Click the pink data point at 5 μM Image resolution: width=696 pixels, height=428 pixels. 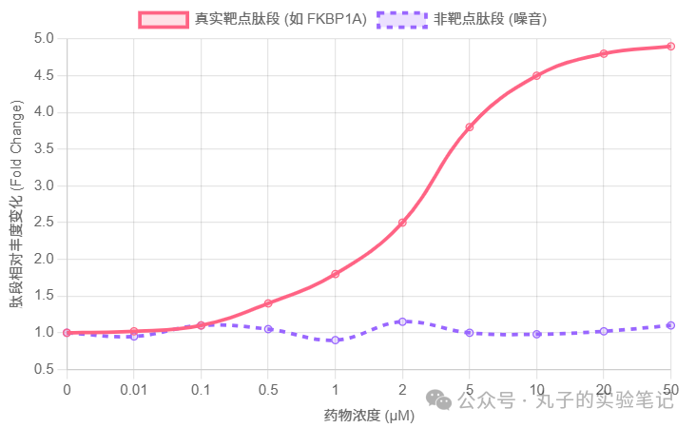tap(470, 126)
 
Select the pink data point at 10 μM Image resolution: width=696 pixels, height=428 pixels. tap(536, 75)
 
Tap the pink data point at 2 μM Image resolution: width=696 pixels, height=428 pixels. tap(402, 223)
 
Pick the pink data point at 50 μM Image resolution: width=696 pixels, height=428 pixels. tap(670, 46)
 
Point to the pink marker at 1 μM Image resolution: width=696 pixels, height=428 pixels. tap(336, 274)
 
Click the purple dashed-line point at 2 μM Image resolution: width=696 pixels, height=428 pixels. tap(402, 321)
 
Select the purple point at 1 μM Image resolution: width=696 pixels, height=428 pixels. tap(336, 340)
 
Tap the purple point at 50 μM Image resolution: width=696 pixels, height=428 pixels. tap(670, 325)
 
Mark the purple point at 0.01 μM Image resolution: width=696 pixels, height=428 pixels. tap(134, 336)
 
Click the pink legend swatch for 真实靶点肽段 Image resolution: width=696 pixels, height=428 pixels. tap(164, 19)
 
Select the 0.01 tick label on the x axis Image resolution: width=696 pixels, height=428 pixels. tap(134, 390)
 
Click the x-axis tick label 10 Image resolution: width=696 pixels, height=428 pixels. tap(536, 390)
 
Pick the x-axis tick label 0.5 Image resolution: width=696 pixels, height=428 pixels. tap(268, 390)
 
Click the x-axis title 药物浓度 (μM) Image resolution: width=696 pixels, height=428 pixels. tap(369, 415)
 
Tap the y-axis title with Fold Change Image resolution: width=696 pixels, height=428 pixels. tap(16, 204)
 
